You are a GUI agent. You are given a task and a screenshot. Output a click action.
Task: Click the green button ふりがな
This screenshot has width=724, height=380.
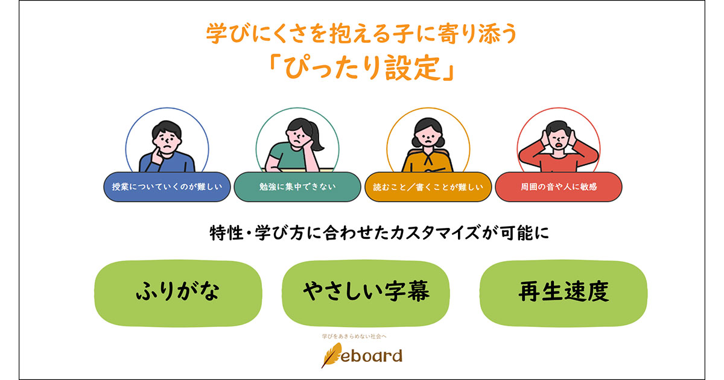(x=177, y=291)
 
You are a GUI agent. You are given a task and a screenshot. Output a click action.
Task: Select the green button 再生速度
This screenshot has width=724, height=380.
(x=563, y=291)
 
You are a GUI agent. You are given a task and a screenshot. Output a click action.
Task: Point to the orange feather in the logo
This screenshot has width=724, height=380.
(x=331, y=356)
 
